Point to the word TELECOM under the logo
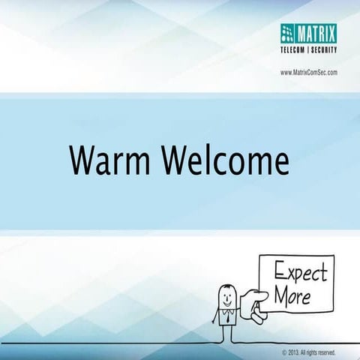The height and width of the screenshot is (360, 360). [x=295, y=50]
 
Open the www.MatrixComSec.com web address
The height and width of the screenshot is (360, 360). [x=308, y=72]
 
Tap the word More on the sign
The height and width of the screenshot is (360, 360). [x=291, y=295]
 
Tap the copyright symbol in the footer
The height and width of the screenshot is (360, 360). [x=284, y=352]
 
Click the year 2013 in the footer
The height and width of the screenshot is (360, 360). [x=295, y=352]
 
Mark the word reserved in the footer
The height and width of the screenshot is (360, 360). [x=334, y=352]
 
